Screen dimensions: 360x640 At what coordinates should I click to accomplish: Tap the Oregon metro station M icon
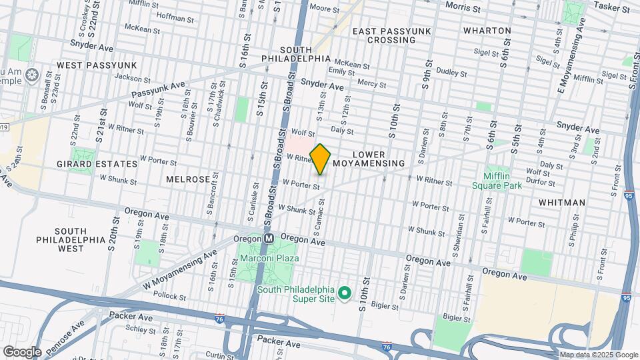point(269,238)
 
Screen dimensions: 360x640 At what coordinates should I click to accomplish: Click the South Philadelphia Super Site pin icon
point(345,293)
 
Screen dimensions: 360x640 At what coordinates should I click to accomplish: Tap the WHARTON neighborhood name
point(487,31)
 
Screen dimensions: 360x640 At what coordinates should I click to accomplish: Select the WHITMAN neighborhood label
point(563,202)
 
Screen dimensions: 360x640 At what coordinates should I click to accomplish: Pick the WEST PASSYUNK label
point(97,65)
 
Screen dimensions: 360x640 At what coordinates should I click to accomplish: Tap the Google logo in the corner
point(22,351)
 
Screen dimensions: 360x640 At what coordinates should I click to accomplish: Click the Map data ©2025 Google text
point(598,355)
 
